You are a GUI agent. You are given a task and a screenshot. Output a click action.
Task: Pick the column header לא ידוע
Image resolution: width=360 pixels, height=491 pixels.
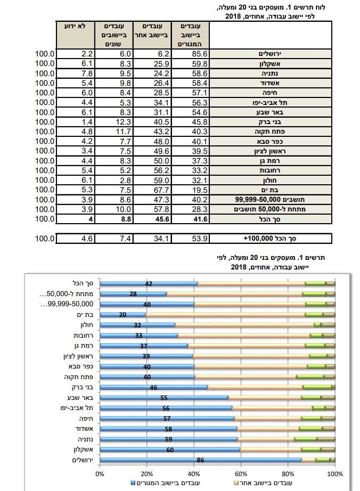pos(76,26)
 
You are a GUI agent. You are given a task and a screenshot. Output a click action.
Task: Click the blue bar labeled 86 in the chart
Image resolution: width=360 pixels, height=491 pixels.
pos(200,460)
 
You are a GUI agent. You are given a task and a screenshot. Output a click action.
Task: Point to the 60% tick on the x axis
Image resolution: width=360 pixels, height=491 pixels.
pos(241,472)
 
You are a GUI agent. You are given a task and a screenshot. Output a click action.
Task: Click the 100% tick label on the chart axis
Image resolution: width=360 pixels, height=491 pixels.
pos(335,472)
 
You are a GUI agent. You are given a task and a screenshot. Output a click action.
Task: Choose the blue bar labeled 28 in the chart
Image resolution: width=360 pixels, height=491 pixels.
pos(133,294)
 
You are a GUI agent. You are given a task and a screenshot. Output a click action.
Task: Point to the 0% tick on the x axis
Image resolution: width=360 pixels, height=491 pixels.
pos(100,472)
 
